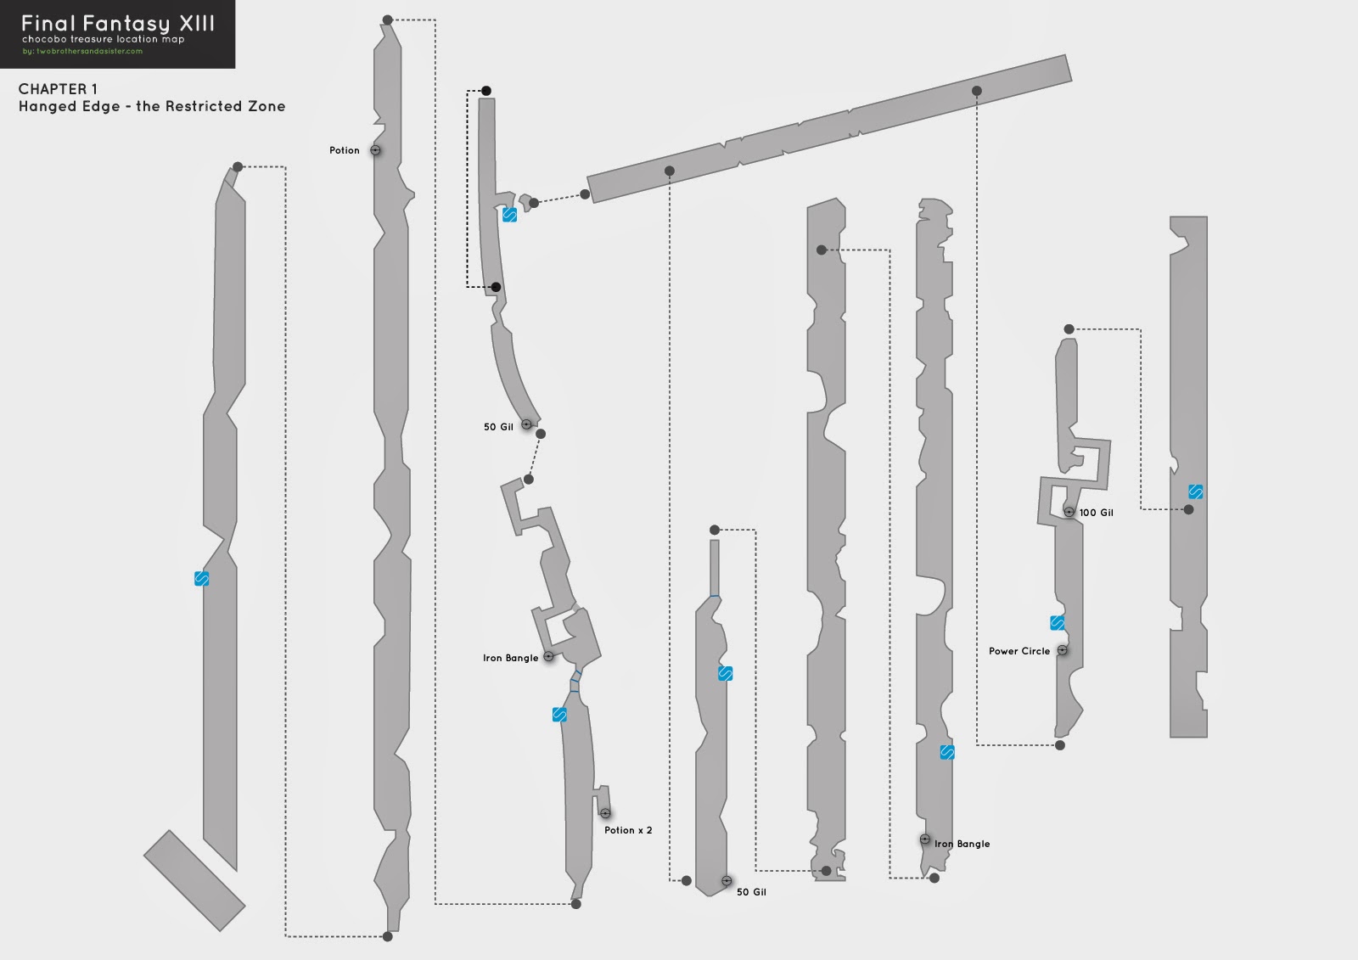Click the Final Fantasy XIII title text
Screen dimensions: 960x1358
coord(118,23)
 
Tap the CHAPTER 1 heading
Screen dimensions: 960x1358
coord(58,89)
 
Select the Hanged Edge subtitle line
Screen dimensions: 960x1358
coord(152,106)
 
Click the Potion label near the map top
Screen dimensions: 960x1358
coord(345,150)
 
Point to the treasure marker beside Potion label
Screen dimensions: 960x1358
coord(375,150)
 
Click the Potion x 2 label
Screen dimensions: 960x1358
coord(628,830)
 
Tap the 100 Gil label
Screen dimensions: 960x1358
coord(1097,513)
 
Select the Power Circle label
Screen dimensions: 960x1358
coord(1019,651)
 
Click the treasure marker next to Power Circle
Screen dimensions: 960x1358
coord(1062,650)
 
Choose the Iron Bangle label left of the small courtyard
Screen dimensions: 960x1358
coord(511,658)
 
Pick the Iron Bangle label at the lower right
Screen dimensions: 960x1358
coord(962,844)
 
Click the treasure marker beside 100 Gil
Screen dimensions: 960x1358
coord(1069,512)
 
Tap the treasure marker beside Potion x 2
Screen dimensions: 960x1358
coord(605,813)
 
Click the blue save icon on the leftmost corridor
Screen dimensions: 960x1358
coord(201,579)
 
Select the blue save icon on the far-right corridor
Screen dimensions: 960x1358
coord(1195,491)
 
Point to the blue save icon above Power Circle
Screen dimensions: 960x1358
coord(1057,623)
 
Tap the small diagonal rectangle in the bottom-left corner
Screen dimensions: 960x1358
coord(194,880)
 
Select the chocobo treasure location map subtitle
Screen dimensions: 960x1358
coord(103,39)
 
